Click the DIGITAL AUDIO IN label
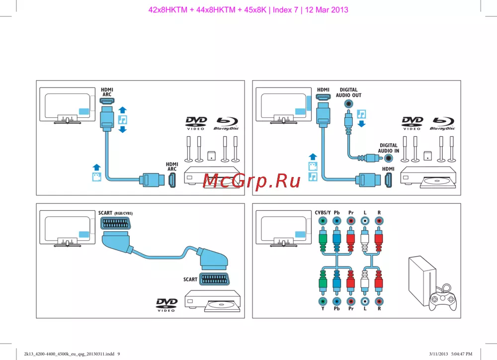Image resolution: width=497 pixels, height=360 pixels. click(388, 148)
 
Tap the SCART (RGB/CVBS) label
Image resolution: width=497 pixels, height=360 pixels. click(115, 213)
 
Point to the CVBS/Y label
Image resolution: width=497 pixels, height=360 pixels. click(323, 213)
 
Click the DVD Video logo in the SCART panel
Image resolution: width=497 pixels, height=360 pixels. click(166, 305)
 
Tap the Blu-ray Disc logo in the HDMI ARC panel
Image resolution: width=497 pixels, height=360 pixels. click(226, 123)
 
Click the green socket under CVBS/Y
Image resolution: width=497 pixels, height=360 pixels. click(323, 221)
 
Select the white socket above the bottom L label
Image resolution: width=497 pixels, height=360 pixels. click(365, 301)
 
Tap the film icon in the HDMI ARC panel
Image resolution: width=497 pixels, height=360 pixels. click(97, 177)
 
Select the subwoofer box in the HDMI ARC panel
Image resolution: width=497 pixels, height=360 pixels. click(211, 155)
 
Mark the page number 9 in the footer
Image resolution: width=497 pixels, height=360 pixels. click(118, 354)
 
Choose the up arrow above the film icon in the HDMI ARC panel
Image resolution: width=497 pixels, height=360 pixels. click(97, 167)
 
